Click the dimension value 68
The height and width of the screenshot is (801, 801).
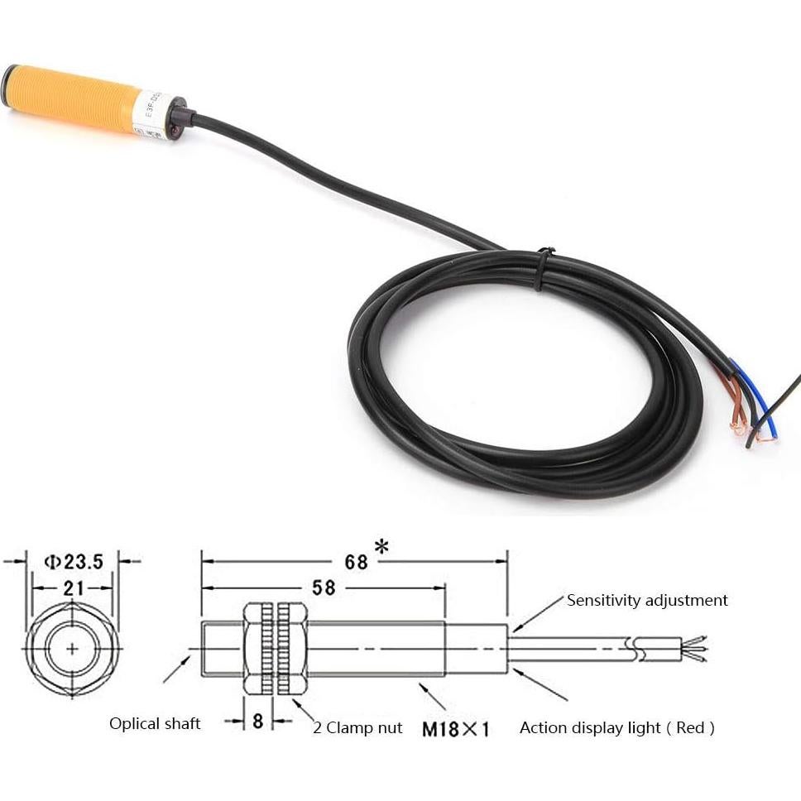(356, 562)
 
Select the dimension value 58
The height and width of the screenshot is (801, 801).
(324, 588)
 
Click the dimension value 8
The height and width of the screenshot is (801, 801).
(258, 721)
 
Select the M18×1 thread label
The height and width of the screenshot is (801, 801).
(456, 729)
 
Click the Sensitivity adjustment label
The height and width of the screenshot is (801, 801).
(647, 600)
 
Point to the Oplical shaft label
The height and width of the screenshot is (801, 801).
(155, 723)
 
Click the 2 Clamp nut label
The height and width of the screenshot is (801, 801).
(357, 727)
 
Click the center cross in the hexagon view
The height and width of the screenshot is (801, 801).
(73, 648)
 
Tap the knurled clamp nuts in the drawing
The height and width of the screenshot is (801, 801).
(276, 648)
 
